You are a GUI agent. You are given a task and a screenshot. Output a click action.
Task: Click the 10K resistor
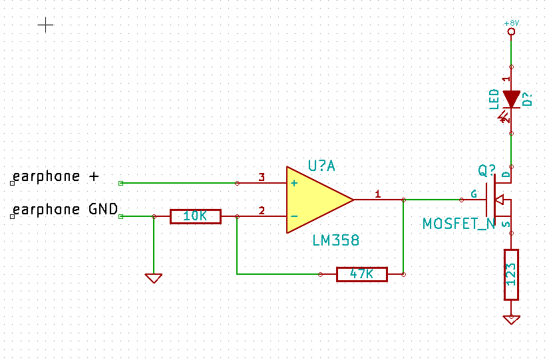pos(195,216)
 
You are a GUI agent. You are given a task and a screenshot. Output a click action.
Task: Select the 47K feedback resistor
pos(361,273)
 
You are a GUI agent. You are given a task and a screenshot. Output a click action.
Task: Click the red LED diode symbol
pos(511,99)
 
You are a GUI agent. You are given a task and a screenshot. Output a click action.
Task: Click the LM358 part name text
pos(337,240)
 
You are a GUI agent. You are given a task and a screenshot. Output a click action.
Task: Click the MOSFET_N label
pos(459,224)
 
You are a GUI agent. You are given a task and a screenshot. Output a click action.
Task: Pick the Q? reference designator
pos(487,170)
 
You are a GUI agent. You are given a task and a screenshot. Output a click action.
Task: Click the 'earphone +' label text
pos(56,176)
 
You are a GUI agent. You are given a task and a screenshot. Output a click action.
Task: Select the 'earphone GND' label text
pos(65,210)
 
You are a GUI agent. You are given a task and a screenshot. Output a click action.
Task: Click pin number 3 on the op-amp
pos(262,178)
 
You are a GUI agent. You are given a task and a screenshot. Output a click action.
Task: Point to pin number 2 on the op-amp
pos(262,211)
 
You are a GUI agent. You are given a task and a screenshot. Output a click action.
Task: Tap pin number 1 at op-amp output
pos(378,194)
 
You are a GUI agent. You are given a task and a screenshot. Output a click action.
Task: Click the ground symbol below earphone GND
pos(154,278)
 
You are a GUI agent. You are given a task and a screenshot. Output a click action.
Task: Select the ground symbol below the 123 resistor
pos(511,319)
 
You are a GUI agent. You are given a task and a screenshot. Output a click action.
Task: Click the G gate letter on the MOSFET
pos(474,194)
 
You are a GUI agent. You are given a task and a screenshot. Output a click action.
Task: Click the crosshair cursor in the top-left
pos(45,25)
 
